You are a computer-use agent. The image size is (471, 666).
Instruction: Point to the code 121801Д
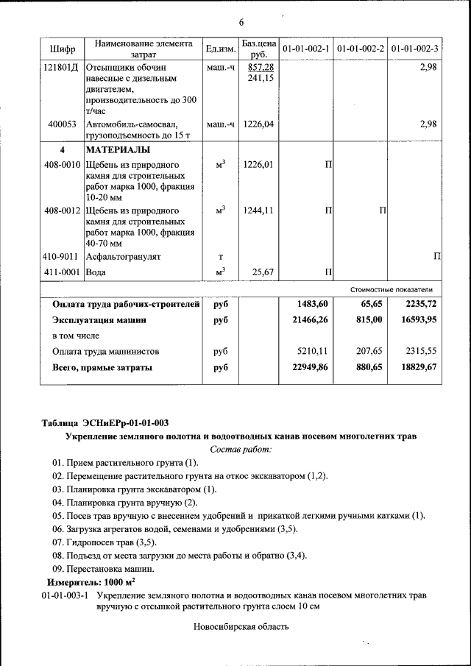pos(63,67)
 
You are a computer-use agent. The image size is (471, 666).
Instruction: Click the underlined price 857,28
pos(259,67)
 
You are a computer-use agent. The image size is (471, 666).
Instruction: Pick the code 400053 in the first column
pos(63,124)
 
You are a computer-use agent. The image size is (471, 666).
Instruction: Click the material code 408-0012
pos(62,210)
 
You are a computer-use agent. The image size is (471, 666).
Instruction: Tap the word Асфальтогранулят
pos(123,257)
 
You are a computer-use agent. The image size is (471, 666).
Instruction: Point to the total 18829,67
pos(417,366)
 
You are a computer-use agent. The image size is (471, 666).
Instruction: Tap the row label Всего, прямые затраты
pos(102,366)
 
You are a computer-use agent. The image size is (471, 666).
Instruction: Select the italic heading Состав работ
pos(240,449)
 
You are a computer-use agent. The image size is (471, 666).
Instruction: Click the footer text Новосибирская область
pos(241,627)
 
